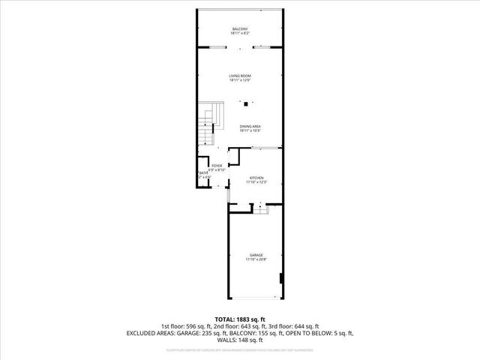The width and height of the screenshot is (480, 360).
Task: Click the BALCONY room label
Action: click(240, 28)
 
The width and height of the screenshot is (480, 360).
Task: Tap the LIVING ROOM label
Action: click(240, 76)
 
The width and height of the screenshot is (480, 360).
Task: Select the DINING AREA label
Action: click(250, 125)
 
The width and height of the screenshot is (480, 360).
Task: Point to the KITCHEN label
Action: click(257, 177)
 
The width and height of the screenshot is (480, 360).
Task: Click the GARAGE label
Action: click(256, 255)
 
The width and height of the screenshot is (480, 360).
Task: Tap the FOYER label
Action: click(216, 166)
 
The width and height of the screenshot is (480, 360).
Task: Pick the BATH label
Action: click(202, 173)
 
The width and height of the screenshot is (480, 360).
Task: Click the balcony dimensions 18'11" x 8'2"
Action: click(240, 34)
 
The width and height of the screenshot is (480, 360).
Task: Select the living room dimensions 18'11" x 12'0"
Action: click(240, 80)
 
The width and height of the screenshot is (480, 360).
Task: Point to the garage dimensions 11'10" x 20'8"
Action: click(256, 259)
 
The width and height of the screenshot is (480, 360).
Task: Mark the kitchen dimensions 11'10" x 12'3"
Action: click(257, 181)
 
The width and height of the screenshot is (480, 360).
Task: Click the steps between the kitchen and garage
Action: click(259, 211)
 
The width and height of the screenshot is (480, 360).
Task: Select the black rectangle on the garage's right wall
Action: click(281, 279)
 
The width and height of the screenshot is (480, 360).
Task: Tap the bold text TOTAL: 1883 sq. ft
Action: click(240, 319)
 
